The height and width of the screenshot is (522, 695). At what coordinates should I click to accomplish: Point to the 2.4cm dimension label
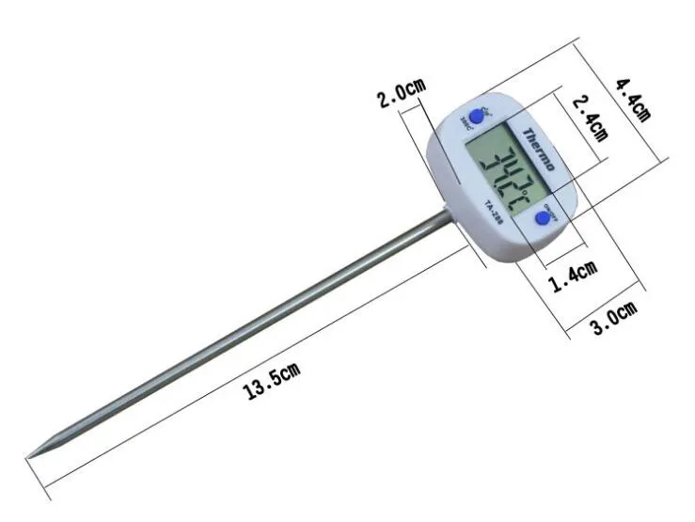point(589,117)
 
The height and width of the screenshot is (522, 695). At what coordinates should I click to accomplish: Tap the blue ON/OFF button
point(543,218)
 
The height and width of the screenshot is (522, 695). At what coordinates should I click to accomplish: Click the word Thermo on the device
point(539,149)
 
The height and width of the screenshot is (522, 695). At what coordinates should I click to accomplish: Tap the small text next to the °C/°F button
point(467,119)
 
